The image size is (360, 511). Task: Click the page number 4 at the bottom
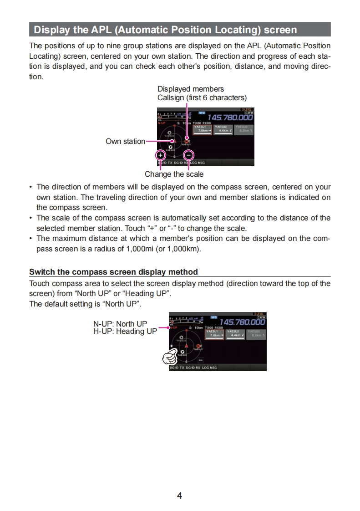click(179, 496)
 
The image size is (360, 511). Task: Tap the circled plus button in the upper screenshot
click(160, 154)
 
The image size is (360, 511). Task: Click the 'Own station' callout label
click(125, 141)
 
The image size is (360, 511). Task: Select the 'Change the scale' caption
click(174, 174)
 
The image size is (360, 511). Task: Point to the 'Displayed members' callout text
click(191, 89)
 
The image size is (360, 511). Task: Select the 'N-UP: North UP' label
click(120, 324)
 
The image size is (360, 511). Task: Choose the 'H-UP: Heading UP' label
click(125, 332)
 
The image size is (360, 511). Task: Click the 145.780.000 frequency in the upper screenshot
click(230, 118)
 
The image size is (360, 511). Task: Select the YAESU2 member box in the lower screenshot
click(236, 333)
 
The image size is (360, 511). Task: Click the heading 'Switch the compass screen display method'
click(113, 272)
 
